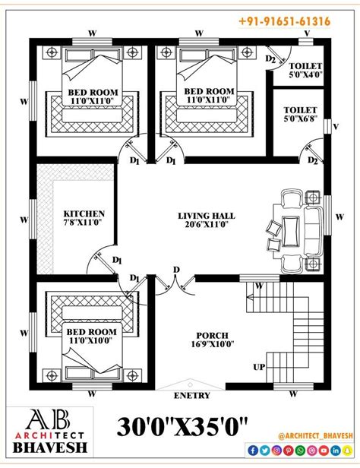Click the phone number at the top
[x=285, y=21]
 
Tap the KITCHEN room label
[x=84, y=213]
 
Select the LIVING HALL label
[x=207, y=216]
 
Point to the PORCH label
[x=212, y=336]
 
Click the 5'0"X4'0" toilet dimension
[x=306, y=74]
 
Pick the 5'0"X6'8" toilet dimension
[x=300, y=119]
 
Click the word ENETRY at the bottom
[x=192, y=396]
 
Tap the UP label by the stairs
[x=259, y=367]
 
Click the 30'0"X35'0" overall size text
[x=182, y=427]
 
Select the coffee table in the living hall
[x=291, y=232]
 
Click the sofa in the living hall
[x=313, y=232]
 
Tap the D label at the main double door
[x=176, y=270]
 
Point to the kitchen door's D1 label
[x=117, y=261]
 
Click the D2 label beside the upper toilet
[x=270, y=59]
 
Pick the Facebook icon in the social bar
[x=253, y=451]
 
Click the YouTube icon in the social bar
[x=324, y=451]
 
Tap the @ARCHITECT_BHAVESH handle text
[x=315, y=436]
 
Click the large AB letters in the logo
[x=48, y=419]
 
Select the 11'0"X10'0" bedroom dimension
[x=91, y=340]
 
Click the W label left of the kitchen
[x=24, y=220]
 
